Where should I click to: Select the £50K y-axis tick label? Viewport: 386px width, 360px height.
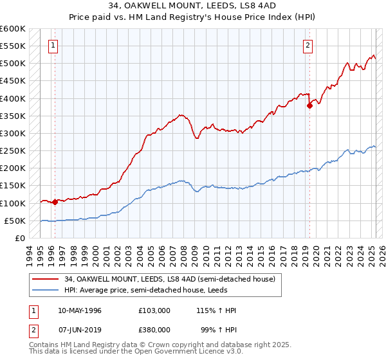click(15, 221)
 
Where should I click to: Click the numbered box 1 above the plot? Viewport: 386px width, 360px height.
click(52, 45)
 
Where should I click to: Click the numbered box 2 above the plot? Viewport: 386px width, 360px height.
click(308, 45)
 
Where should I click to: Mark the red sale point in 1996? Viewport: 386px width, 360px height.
click(55, 202)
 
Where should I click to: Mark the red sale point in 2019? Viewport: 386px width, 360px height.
click(309, 106)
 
